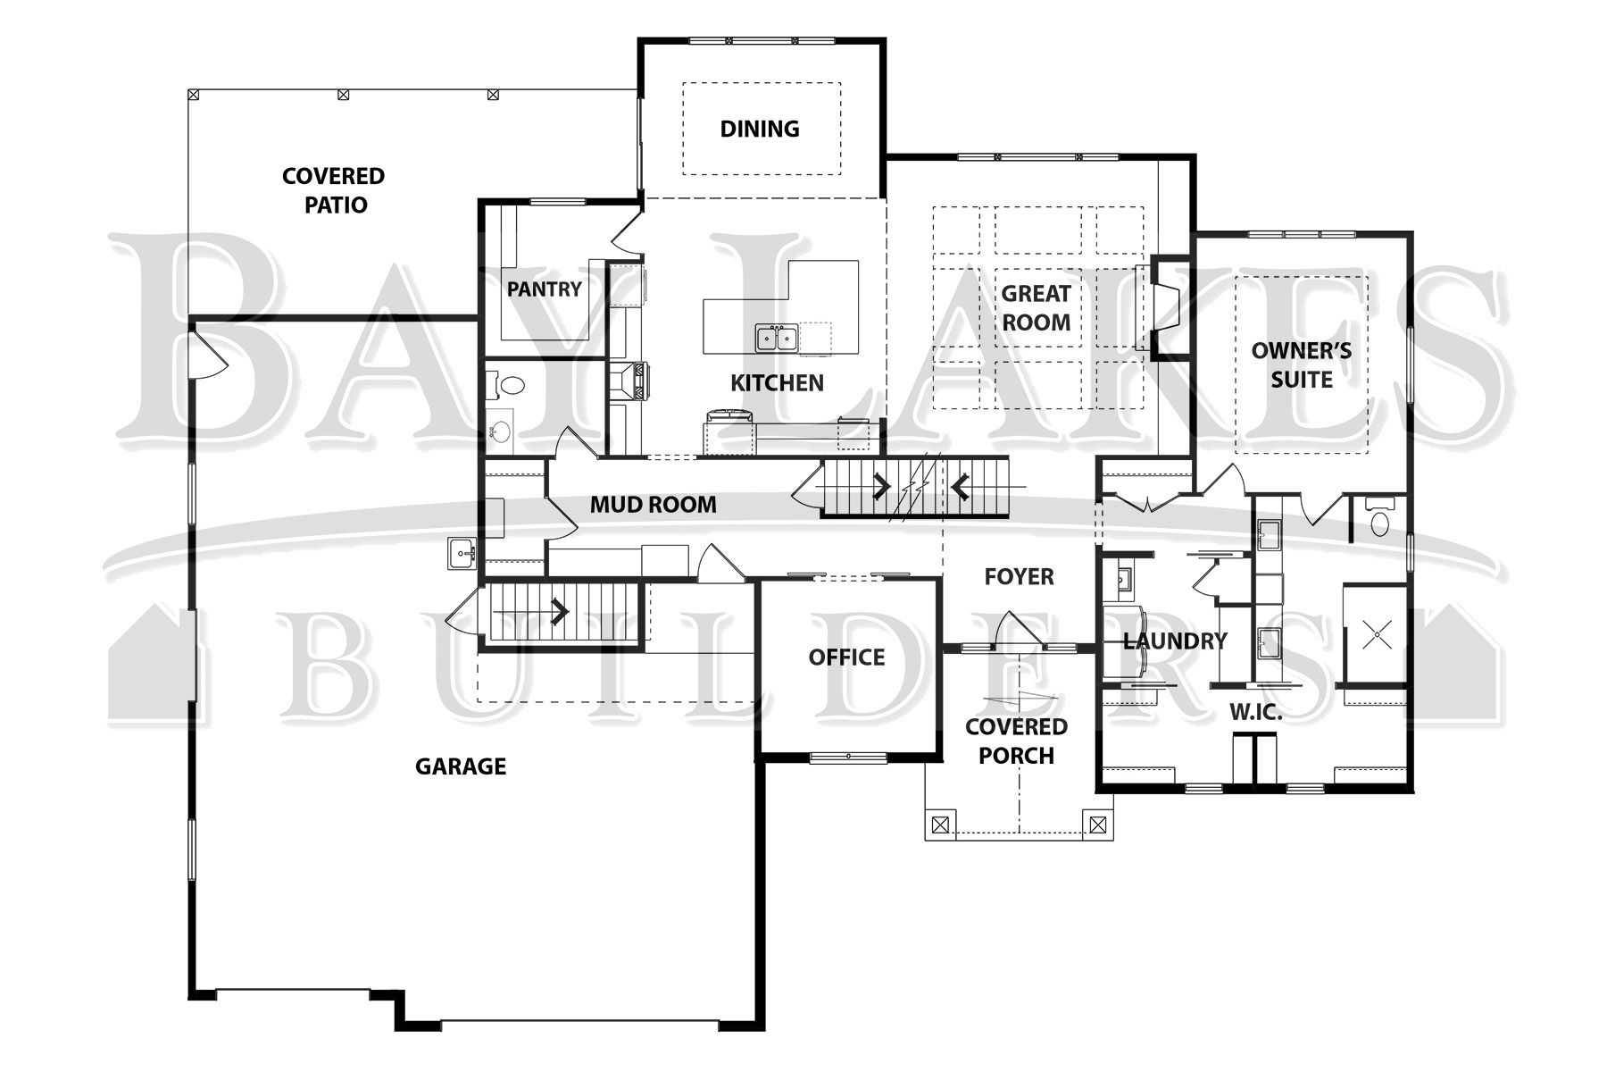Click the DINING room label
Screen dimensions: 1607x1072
[760, 129]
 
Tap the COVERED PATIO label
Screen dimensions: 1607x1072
[334, 190]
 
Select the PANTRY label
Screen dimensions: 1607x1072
[544, 289]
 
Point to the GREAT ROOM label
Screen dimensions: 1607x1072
[1036, 308]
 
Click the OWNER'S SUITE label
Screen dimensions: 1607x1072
[1302, 365]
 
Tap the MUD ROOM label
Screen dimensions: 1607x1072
[654, 505]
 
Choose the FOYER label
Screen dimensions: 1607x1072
[1019, 577]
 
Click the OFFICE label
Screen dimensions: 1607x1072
[846, 657]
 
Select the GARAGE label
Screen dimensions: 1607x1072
[461, 766]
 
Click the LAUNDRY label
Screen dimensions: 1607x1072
[1175, 641]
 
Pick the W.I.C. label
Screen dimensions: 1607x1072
[1256, 713]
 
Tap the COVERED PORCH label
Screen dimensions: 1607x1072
[1016, 741]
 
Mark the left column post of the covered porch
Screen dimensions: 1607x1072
[939, 825]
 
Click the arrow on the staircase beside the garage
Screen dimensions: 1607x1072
[561, 613]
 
